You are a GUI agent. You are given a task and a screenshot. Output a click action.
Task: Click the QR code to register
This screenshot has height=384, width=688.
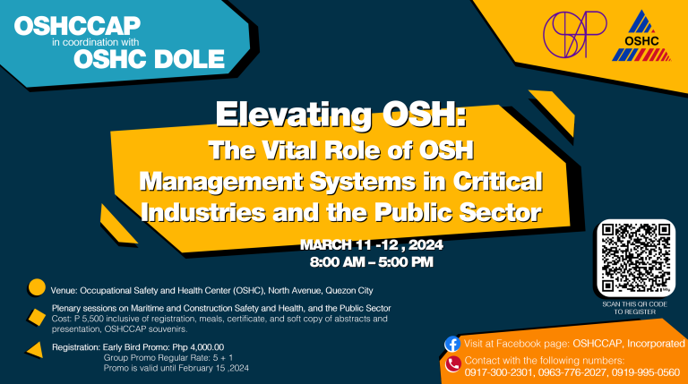click(x=636, y=258)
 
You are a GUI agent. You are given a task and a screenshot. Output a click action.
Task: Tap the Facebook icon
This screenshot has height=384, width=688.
click(x=452, y=343)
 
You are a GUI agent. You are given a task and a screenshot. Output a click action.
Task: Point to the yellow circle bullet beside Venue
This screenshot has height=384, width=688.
click(x=37, y=288)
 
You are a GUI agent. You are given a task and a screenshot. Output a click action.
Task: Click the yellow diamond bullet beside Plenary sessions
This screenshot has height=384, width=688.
click(x=37, y=316)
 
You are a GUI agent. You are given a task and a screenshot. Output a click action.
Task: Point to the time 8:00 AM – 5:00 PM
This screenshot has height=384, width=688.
click(x=371, y=262)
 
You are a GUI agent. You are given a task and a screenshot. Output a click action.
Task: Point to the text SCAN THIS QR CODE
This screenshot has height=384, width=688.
click(x=635, y=305)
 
